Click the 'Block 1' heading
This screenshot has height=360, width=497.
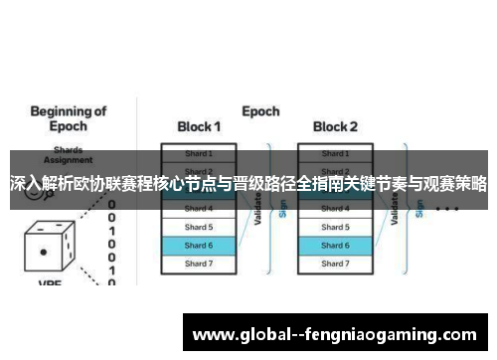pos(199,127)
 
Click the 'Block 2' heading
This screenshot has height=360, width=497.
pos(335,127)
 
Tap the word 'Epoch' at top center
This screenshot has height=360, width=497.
pos(260,111)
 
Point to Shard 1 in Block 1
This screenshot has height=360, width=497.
pos(199,154)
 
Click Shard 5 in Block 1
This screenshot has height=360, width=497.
pos(199,227)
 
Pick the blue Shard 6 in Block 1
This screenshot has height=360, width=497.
pos(199,245)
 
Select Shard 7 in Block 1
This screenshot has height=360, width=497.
pos(199,264)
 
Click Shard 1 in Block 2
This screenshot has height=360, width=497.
pos(335,154)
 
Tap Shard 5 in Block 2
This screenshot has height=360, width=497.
pos(335,227)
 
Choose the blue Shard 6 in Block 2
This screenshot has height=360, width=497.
pos(335,245)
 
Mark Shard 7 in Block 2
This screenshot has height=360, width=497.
pos(335,264)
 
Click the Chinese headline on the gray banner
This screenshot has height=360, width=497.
pos(248,184)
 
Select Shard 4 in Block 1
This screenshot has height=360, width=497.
pos(199,209)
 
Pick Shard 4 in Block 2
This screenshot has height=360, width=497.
pos(335,209)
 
